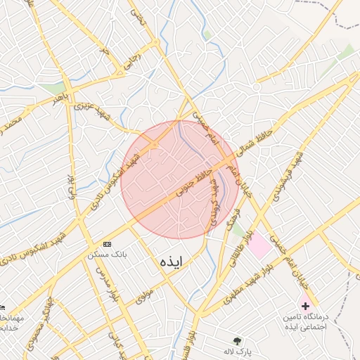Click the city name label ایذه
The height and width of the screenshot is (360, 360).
click(171, 262)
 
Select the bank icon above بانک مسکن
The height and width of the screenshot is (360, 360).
click(106, 243)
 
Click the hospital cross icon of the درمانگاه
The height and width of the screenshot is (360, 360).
click(305, 306)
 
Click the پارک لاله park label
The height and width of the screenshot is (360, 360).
click(238, 350)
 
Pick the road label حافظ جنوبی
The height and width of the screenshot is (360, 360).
click(193, 180)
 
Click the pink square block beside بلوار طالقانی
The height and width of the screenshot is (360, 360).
click(259, 245)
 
